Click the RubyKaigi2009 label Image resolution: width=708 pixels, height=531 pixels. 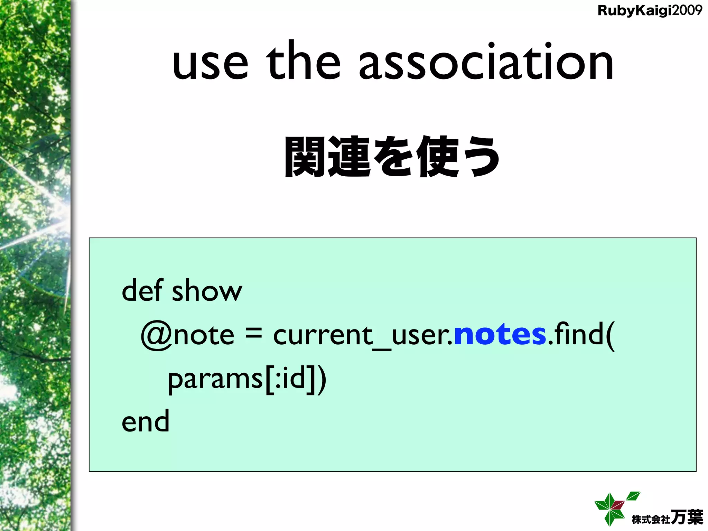(650, 10)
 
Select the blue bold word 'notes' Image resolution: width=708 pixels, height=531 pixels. (500, 334)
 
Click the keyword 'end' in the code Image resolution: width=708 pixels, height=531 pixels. (146, 421)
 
